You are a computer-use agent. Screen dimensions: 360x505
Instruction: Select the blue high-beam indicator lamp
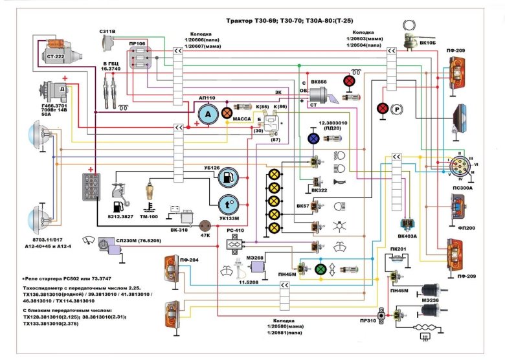tap(313, 139)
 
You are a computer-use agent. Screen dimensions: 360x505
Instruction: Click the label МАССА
tap(241, 119)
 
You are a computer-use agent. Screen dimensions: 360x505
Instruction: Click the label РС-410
tap(234, 231)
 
